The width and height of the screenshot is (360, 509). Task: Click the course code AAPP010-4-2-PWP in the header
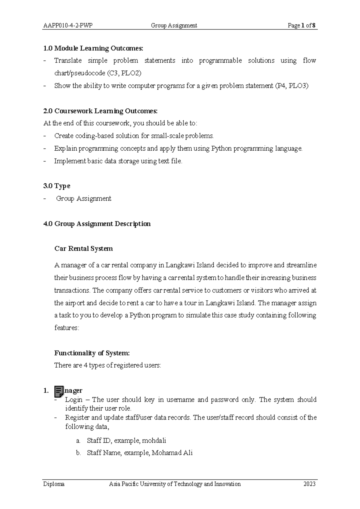click(68, 26)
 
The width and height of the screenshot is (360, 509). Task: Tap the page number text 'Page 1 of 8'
click(301, 26)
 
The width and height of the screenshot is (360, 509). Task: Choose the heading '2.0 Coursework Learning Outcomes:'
click(100, 111)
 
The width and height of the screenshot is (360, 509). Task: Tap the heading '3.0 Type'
click(57, 186)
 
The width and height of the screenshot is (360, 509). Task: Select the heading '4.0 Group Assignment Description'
click(97, 224)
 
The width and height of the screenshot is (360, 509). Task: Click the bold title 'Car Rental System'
click(83, 249)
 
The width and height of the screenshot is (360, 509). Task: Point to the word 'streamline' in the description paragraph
click(301, 265)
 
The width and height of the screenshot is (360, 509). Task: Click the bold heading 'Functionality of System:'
click(92, 353)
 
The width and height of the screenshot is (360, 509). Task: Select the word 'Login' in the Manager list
click(73, 400)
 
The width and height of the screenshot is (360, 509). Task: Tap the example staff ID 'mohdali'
click(154, 441)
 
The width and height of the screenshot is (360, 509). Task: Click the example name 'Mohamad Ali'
click(172, 453)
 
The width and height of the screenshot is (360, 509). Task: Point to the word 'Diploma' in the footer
click(54, 484)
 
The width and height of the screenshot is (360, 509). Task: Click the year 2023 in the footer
click(309, 484)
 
